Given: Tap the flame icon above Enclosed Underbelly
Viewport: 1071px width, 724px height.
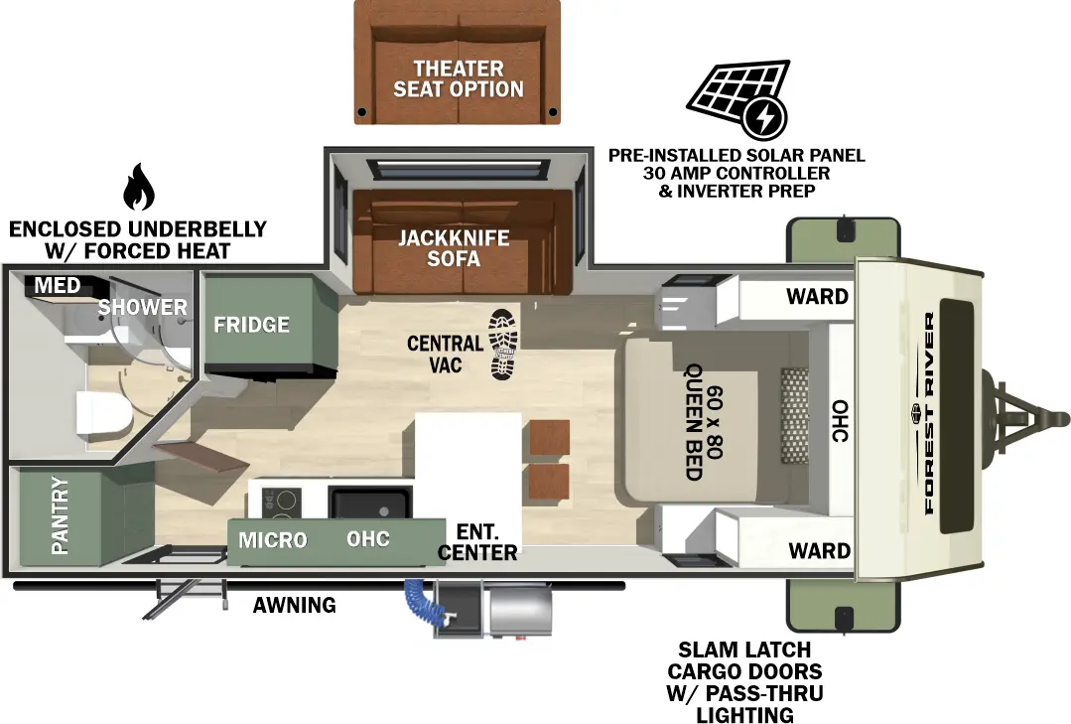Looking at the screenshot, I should click(x=138, y=188).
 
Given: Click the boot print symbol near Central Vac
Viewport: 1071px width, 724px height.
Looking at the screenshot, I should click(x=504, y=344).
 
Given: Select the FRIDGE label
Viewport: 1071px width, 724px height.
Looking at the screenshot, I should click(x=252, y=325).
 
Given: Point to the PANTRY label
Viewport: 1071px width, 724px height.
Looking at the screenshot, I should click(x=60, y=515).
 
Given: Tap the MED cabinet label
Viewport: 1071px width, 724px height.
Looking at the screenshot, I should click(x=58, y=286).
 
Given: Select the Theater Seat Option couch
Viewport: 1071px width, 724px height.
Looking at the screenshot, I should click(x=458, y=62).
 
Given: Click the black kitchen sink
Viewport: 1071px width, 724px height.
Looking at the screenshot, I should click(x=369, y=504).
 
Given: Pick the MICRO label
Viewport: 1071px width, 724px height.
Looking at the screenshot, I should click(x=273, y=540).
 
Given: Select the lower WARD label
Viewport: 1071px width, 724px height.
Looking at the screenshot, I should click(x=818, y=550).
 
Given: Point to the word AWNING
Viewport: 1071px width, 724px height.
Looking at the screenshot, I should click(x=294, y=605).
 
